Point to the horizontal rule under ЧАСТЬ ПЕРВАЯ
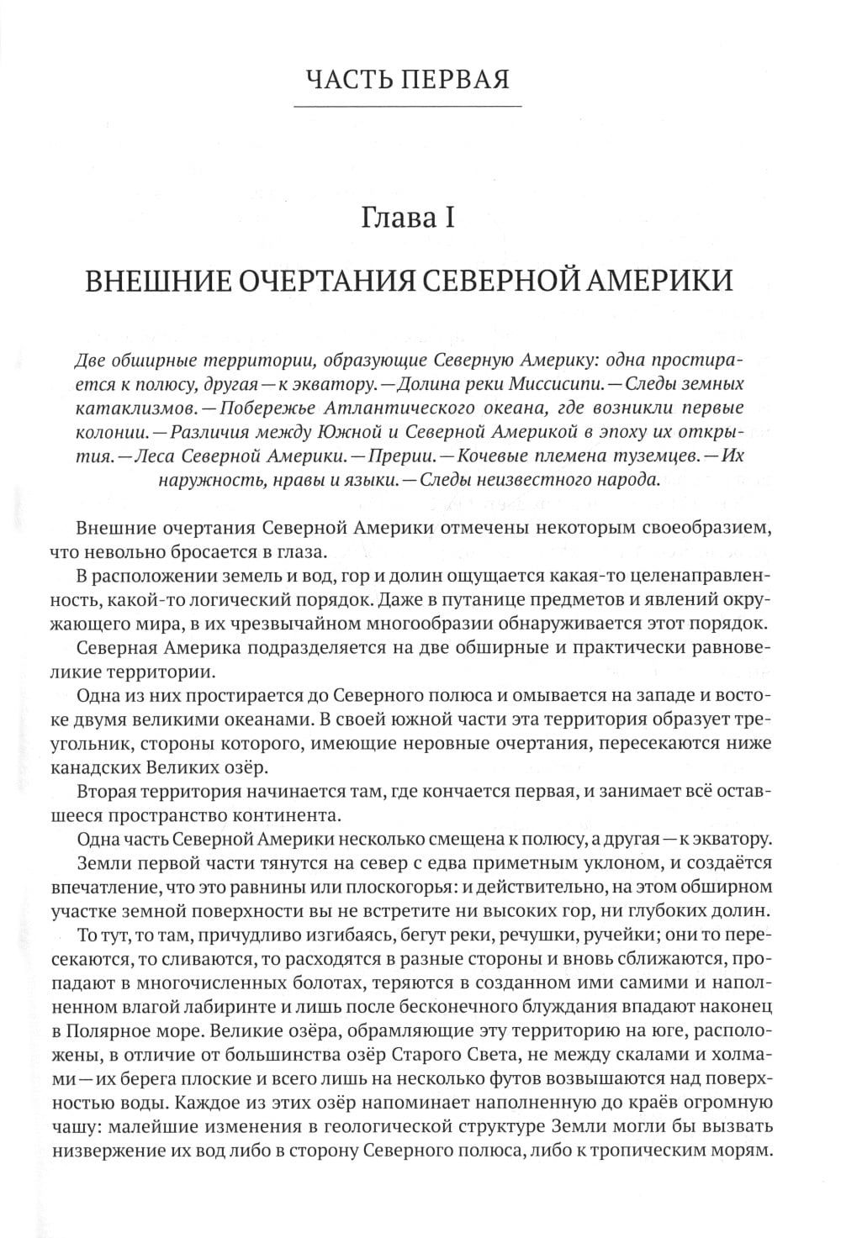click(408, 107)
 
